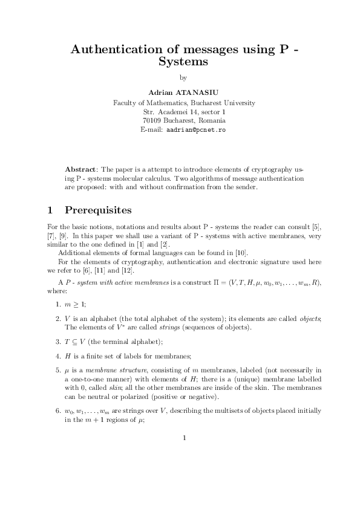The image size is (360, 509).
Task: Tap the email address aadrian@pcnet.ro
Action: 195,130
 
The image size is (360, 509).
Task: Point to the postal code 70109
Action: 152,120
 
